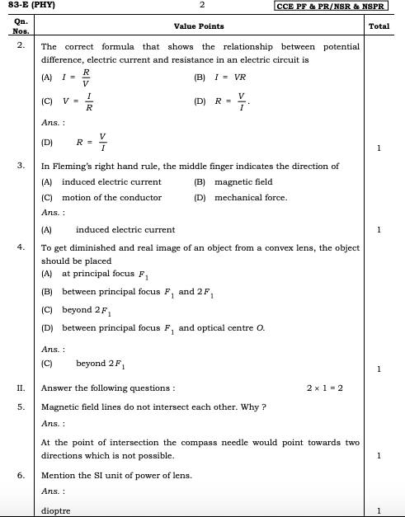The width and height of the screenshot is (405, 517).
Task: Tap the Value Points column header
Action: click(199, 26)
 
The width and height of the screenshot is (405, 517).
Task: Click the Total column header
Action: click(379, 26)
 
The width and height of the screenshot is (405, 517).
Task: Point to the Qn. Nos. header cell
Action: click(21, 26)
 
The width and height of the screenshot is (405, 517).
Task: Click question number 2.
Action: click(21, 46)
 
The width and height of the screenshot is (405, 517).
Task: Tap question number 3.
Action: click(21, 167)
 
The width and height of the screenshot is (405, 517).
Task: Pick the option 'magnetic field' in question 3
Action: click(243, 182)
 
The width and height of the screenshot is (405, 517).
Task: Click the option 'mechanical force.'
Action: click(251, 198)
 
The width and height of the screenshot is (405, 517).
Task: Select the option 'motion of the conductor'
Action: click(111, 198)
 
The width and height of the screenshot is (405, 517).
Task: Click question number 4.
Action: click(21, 247)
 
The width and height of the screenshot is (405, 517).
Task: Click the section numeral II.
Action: click(21, 388)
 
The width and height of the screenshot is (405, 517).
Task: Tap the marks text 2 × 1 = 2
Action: click(324, 388)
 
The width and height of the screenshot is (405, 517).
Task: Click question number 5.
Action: click(21, 407)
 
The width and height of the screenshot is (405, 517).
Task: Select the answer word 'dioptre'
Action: click(56, 510)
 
